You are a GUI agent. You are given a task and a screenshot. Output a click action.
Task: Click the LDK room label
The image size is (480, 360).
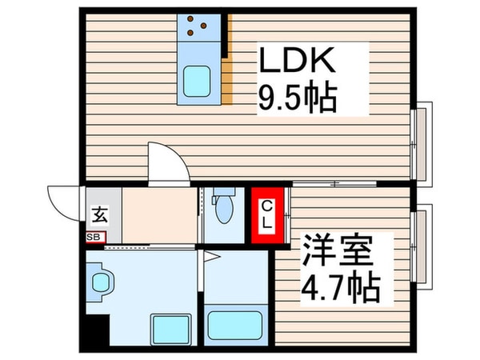point(293,62)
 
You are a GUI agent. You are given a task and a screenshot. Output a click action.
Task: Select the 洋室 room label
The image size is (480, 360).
point(337,254)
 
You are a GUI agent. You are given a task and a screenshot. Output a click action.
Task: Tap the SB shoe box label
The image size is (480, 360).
point(94,238)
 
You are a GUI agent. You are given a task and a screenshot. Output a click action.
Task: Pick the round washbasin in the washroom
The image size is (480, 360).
point(102,282)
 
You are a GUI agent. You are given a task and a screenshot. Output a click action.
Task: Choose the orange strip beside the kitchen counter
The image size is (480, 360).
point(228,81)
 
